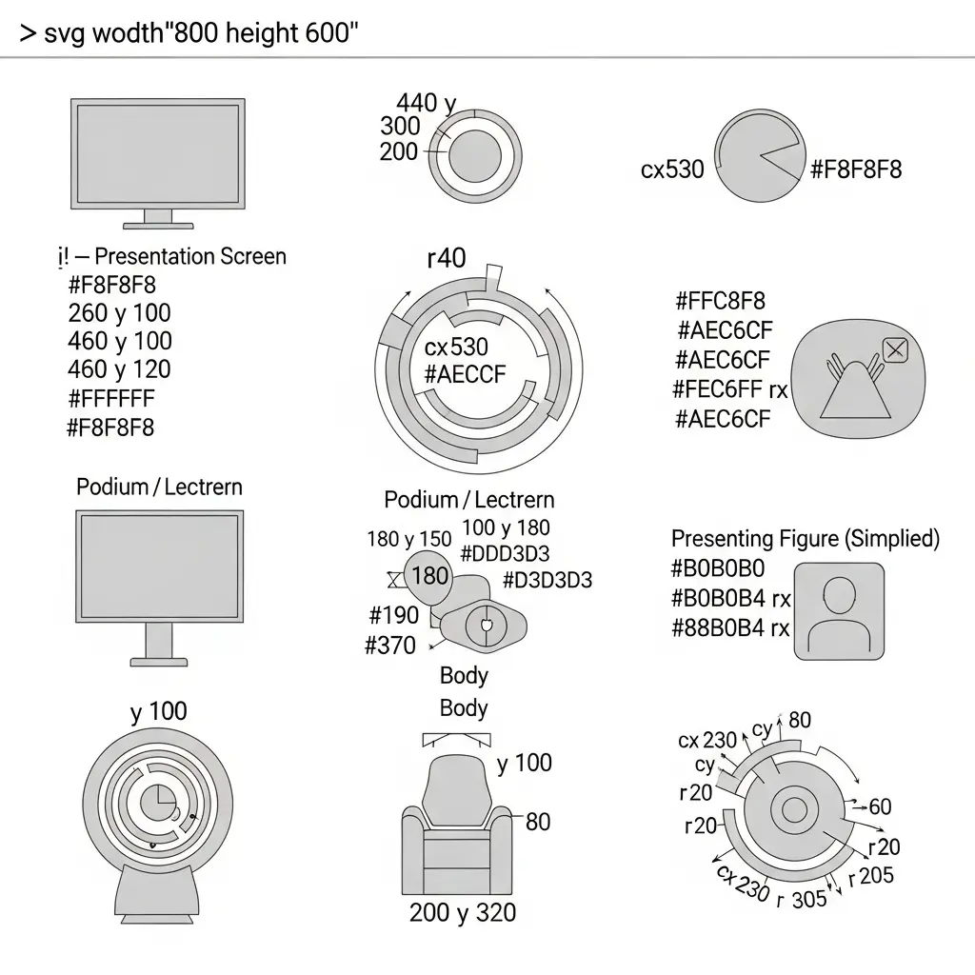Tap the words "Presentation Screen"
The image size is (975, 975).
coord(190,256)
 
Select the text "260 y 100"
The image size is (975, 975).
coord(120,312)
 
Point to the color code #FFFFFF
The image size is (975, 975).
coord(111,398)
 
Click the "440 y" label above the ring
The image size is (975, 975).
coord(426,103)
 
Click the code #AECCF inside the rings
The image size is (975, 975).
coord(466,374)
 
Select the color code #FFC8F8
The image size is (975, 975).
coord(720,302)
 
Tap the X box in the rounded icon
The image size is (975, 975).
coord(895,349)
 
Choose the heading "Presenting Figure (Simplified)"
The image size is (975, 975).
coord(806,539)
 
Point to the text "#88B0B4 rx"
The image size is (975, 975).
coord(730,628)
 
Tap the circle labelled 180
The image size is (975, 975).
coord(428,575)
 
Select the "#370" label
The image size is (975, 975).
coord(390,646)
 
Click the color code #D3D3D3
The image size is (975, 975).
coord(547,580)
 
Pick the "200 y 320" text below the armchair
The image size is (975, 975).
coord(463,913)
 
